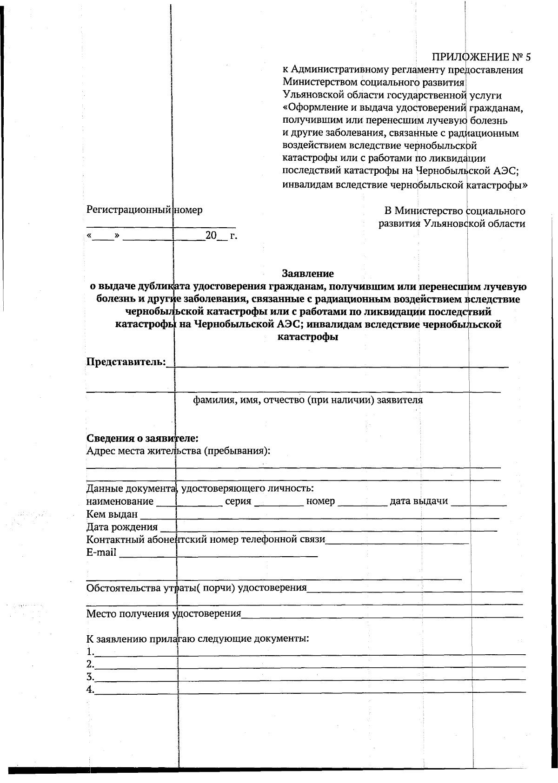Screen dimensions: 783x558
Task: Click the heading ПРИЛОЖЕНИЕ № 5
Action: click(x=481, y=57)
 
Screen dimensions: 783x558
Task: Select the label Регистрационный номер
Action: click(x=144, y=210)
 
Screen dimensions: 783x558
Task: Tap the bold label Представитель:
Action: click(x=126, y=362)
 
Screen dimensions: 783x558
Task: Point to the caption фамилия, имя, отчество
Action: click(x=307, y=400)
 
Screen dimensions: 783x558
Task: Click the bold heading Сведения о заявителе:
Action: click(x=142, y=438)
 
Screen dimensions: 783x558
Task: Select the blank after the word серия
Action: click(x=279, y=503)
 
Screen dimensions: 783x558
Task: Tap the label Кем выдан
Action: click(x=112, y=514)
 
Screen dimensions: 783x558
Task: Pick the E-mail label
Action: click(x=101, y=553)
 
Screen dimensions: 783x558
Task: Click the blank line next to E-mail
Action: click(x=219, y=554)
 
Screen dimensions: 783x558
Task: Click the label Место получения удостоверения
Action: click(x=164, y=614)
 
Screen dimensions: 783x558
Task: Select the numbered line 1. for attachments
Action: click(x=307, y=652)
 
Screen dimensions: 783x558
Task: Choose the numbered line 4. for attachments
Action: click(x=307, y=690)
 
